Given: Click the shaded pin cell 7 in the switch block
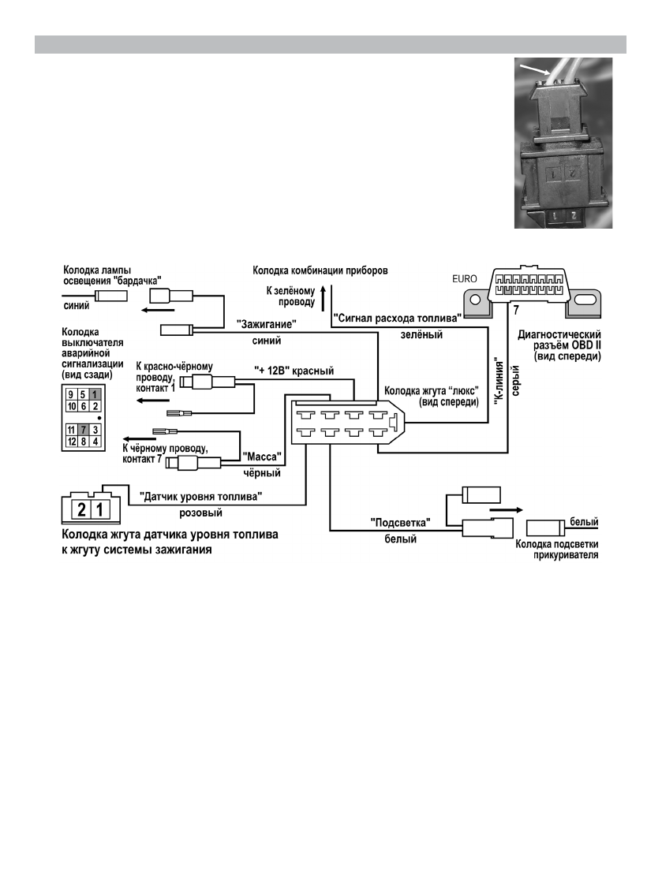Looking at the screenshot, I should pos(83,430).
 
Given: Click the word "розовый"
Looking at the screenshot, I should pos(200,513).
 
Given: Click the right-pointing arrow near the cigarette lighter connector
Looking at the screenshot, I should pos(506,510).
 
